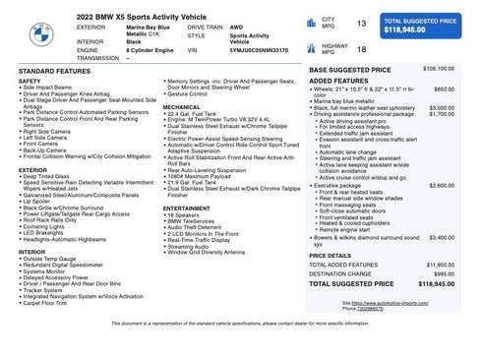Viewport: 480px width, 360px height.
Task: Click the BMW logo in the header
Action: [36, 36]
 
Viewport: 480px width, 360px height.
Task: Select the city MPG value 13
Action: [361, 23]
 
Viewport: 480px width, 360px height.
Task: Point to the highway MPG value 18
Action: [361, 49]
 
